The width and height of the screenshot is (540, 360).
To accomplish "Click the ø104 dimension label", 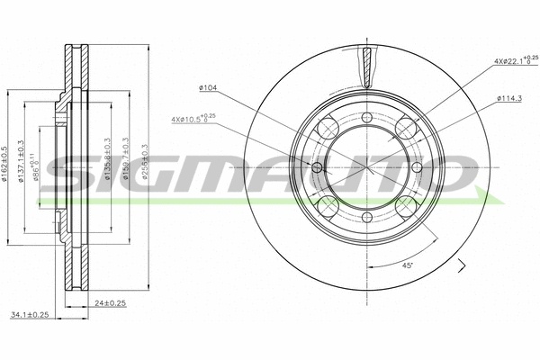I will [x=209, y=87].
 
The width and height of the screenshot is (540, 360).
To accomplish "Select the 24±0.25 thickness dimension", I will [x=112, y=303].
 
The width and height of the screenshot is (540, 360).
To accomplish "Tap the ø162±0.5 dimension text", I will [x=7, y=166].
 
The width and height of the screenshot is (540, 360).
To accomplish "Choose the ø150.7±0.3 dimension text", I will [x=127, y=166].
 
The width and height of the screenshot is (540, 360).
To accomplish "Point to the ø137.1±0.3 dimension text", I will [x=22, y=166].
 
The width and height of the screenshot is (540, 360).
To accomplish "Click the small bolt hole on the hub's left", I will [x=317, y=167].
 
